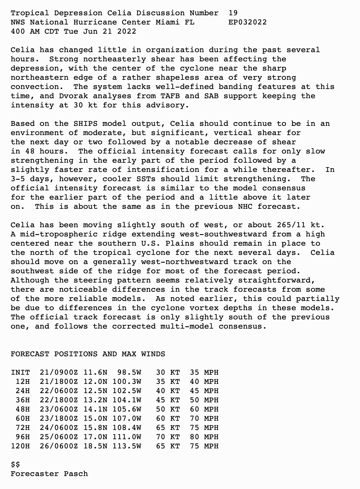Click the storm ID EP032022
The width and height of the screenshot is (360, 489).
click(x=247, y=22)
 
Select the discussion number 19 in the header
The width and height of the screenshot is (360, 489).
click(x=233, y=13)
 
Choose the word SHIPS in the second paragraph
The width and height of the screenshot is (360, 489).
click(x=85, y=124)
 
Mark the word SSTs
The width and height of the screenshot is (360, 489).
click(x=143, y=179)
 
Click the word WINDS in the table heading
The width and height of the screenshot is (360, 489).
click(x=153, y=354)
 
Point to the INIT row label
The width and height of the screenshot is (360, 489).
click(x=20, y=372)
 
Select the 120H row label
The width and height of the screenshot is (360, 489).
click(x=20, y=446)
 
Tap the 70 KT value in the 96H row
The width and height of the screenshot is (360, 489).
click(x=168, y=437)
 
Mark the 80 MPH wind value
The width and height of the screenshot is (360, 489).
click(x=204, y=437)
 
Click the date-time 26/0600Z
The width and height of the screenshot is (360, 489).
click(x=59, y=446)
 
